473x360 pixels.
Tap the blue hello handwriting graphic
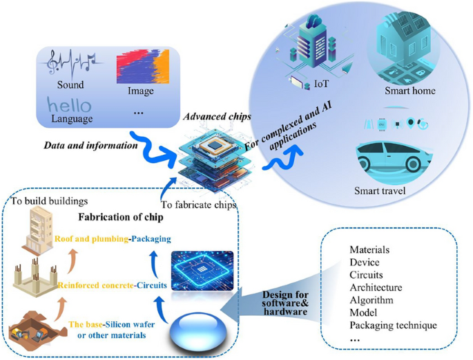[x=70, y=106]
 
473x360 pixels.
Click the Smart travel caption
[x=381, y=191]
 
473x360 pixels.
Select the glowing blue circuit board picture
[x=202, y=272]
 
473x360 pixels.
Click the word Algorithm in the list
[x=371, y=300]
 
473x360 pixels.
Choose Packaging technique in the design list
[x=393, y=325]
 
